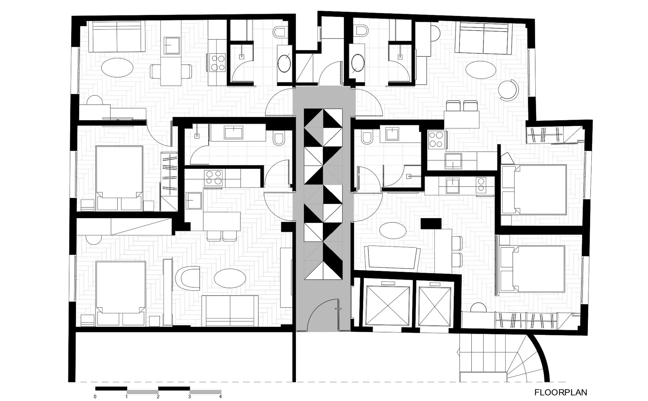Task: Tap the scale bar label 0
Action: coord(95,397)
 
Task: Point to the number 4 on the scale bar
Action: coord(221,397)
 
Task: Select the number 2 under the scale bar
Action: coord(158,397)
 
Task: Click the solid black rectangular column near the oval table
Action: coord(431,223)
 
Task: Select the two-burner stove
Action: coord(481,185)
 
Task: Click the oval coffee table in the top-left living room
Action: coord(117,68)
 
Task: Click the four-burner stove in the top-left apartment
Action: coord(217,62)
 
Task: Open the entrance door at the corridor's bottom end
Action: coord(323,316)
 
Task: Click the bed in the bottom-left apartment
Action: coord(121,294)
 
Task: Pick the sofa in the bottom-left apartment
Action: coord(230,311)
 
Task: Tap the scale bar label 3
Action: coord(189,397)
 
